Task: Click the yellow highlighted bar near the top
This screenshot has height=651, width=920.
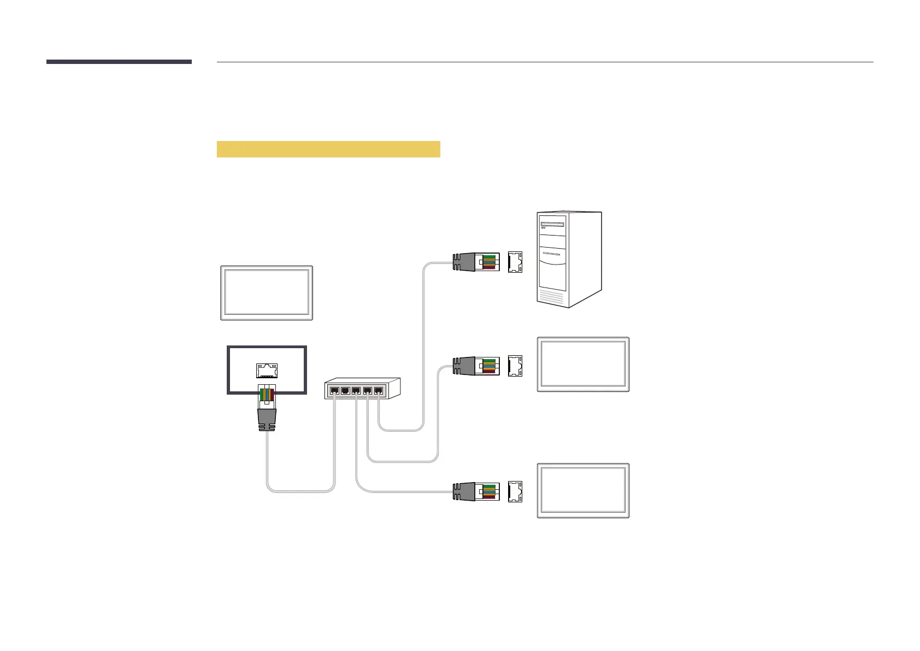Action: point(328,149)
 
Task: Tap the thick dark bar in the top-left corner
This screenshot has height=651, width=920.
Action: point(119,62)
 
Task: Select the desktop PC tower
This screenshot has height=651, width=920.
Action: point(569,260)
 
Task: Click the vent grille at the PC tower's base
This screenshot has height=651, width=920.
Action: point(551,296)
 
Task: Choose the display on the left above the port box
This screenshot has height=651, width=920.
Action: point(267,293)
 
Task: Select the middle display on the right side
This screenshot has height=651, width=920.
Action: point(583,364)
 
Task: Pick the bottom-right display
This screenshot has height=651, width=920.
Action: point(583,490)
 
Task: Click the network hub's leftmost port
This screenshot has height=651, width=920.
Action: point(334,390)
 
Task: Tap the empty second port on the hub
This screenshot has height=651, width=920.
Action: point(345,390)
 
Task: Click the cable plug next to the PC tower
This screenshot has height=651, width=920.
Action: point(476,262)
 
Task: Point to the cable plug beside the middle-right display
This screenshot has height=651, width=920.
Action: point(476,366)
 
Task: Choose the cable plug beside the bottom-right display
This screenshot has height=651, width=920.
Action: point(476,492)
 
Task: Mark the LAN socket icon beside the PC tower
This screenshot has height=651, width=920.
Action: point(515,262)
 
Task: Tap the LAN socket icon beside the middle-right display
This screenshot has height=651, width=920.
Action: point(515,366)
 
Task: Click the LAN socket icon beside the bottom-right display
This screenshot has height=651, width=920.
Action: point(515,492)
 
